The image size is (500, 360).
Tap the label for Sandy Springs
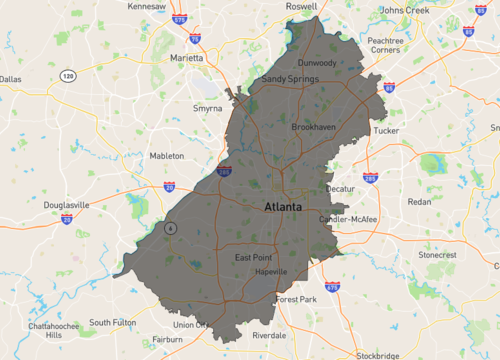tap(288, 78)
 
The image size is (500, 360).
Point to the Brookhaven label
tap(314, 128)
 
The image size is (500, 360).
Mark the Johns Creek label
tap(405, 11)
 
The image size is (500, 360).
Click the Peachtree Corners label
tap(385, 47)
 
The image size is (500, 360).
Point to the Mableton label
tap(166, 156)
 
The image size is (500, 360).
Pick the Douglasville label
tap(67, 205)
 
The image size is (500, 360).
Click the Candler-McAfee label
tap(348, 219)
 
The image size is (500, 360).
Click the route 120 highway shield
tap(68, 76)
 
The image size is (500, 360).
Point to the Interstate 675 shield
tap(331, 287)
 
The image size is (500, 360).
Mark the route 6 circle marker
tap(171, 227)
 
